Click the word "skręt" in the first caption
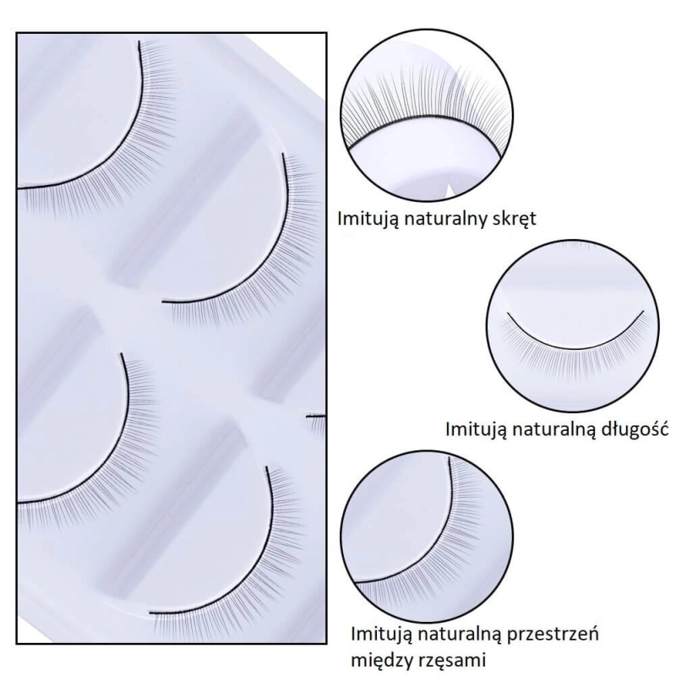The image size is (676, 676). pyautogui.click(x=513, y=219)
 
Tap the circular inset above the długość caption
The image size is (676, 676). pyautogui.click(x=573, y=326)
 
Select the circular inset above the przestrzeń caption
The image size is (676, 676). pyautogui.click(x=427, y=537)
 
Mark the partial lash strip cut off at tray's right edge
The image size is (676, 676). pyautogui.click(x=317, y=425)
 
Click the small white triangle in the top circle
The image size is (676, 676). pyautogui.click(x=450, y=190)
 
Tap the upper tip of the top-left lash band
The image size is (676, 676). pyautogui.click(x=139, y=41)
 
